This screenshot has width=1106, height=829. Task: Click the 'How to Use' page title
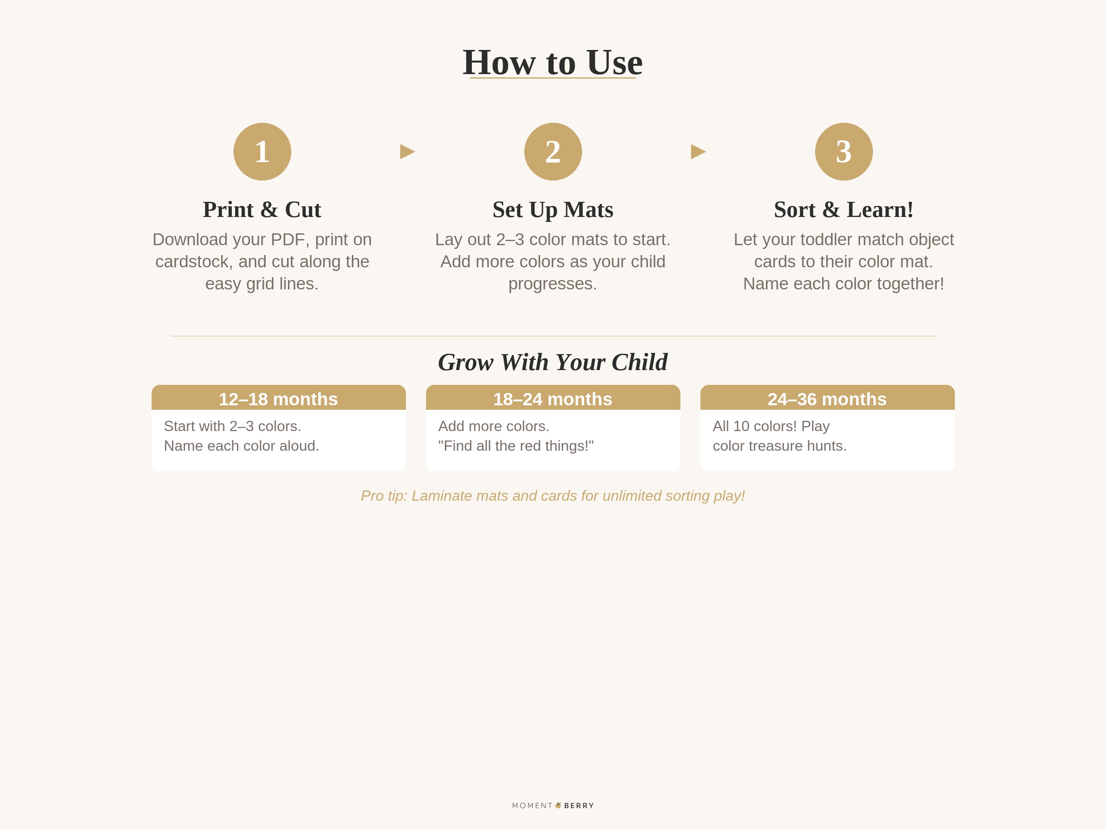(x=553, y=63)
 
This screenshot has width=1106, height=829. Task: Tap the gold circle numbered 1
(x=262, y=151)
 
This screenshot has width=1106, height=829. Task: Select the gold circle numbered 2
(x=553, y=151)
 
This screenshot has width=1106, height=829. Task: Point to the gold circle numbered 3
(x=843, y=151)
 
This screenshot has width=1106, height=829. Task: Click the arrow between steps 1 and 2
(x=407, y=151)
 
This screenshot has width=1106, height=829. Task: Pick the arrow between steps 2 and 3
(x=698, y=151)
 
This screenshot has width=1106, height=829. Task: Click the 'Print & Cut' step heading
(x=262, y=209)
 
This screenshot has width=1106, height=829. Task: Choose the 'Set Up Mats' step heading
(x=553, y=209)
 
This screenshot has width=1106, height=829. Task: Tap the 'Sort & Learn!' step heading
(x=843, y=209)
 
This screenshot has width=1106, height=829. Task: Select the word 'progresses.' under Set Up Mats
(x=553, y=284)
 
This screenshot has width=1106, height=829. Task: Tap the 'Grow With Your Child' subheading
(x=553, y=362)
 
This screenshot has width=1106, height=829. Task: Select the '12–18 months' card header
(x=279, y=399)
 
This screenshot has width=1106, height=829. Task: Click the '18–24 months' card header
(x=553, y=399)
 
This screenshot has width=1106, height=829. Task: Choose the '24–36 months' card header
(x=827, y=399)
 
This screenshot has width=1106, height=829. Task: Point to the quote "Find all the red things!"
(x=516, y=446)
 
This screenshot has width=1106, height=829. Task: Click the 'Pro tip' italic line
(x=553, y=496)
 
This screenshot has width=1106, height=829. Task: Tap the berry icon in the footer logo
(x=558, y=805)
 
